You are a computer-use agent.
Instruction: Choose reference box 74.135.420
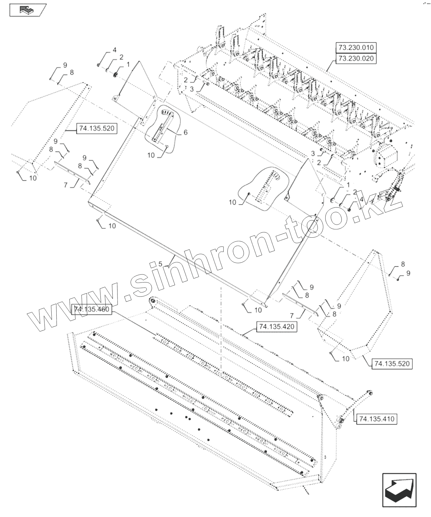click(276, 327)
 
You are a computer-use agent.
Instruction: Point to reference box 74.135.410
click(377, 419)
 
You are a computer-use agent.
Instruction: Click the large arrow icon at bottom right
click(400, 491)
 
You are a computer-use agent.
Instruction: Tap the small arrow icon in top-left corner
click(28, 10)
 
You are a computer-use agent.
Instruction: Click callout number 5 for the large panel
click(160, 264)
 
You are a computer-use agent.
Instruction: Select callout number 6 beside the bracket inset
click(185, 132)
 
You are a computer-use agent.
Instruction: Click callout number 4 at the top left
click(114, 50)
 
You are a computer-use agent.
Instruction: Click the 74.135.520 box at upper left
click(96, 128)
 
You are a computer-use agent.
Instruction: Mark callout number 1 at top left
click(127, 64)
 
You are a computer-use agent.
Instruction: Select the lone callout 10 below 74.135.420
click(345, 359)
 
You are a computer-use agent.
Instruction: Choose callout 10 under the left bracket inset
click(151, 155)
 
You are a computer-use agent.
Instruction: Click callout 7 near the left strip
click(66, 185)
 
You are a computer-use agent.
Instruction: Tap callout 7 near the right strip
click(292, 316)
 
